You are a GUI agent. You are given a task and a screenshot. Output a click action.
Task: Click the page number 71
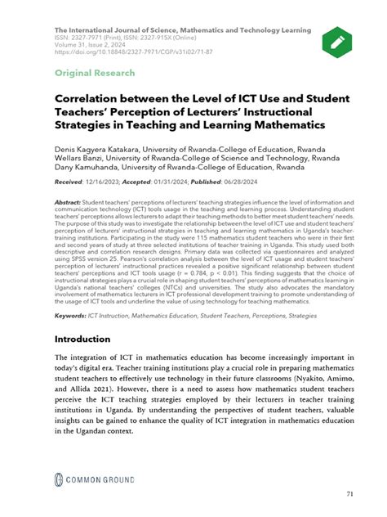point(349,494)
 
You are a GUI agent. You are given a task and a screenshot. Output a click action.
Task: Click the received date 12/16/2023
point(115,181)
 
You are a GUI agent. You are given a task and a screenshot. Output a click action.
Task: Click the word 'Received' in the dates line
point(70,181)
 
